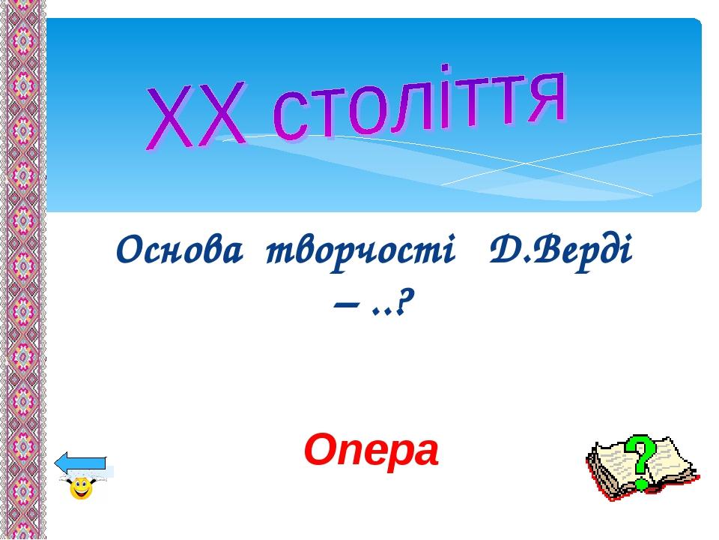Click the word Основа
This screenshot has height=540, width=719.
[x=179, y=250]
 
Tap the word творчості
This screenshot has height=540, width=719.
[x=360, y=253]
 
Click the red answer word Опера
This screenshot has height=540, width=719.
[x=371, y=451]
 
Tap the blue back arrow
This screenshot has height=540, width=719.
[x=81, y=463]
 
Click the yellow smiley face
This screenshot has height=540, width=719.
[x=82, y=488]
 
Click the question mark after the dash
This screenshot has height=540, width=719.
[x=402, y=304]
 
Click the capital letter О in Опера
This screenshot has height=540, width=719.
[x=321, y=450]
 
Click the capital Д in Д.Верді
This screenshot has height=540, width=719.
[x=504, y=250]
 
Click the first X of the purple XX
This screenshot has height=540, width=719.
[x=170, y=118]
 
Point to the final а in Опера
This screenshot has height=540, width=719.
[x=426, y=454]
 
